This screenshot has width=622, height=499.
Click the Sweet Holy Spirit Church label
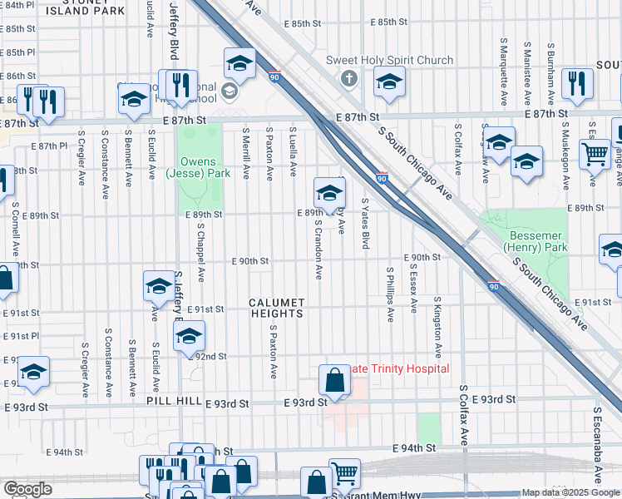click(x=389, y=60)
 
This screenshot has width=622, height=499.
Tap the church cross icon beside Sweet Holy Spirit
click(x=348, y=79)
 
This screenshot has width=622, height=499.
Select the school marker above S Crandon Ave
click(x=329, y=193)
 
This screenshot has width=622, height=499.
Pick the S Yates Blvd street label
click(x=365, y=223)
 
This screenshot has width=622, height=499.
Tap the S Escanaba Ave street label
click(x=597, y=445)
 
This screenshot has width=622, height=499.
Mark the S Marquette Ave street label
click(x=504, y=71)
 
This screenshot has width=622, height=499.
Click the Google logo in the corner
click(x=27, y=489)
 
